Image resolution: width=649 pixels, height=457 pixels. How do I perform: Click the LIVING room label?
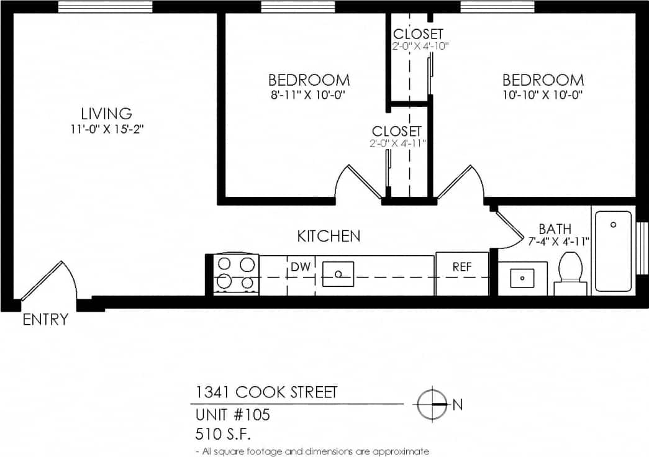point(106,114)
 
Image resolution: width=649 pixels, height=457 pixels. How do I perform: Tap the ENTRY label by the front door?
point(45,320)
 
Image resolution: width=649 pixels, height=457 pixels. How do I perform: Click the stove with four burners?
point(236,273)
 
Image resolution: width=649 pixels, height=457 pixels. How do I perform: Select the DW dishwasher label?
point(301,267)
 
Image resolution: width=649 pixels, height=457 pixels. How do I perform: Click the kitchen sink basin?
point(338,274)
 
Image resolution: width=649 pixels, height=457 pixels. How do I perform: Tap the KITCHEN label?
point(329,237)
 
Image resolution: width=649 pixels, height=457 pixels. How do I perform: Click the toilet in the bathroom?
point(570,274)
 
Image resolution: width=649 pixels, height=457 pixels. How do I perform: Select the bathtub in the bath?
point(613,251)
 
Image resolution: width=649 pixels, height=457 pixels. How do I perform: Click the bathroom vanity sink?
point(522,278)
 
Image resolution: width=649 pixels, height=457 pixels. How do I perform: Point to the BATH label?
point(555,229)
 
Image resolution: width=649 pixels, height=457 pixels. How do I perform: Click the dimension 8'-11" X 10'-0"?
point(309,95)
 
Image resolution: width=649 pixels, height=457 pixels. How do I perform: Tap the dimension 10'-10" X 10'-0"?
point(543,95)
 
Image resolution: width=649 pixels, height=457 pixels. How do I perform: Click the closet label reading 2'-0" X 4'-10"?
point(420,45)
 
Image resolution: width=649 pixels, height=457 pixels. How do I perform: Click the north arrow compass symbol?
point(433,404)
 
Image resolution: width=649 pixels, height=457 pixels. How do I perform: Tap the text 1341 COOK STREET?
point(266,392)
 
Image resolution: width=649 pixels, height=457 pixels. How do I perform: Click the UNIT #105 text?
point(233,414)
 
